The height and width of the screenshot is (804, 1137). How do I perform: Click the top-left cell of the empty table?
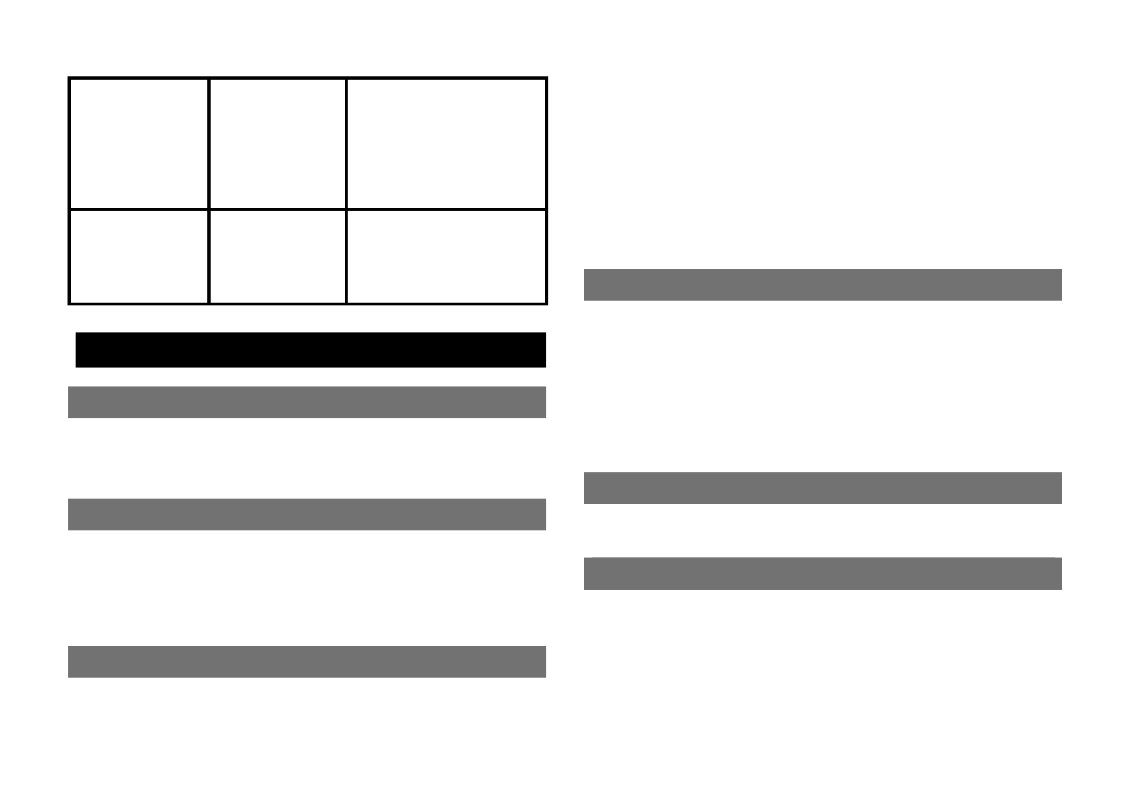coord(138,143)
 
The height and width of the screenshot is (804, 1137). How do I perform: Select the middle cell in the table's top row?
coord(277,143)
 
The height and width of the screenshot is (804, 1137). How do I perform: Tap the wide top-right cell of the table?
coord(446,143)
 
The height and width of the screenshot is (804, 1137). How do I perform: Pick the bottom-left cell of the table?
coord(138,257)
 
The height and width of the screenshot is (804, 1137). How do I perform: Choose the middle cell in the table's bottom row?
coord(277,257)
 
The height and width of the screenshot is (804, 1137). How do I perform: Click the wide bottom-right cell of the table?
coord(446,257)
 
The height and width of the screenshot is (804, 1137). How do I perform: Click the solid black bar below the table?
coord(311,349)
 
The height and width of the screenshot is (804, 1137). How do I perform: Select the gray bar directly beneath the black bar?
coord(307,402)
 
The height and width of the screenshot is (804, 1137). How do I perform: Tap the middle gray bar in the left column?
coord(307,514)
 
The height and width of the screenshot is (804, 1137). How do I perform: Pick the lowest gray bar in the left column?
coord(307,661)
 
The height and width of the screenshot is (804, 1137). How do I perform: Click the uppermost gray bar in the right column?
coord(822,284)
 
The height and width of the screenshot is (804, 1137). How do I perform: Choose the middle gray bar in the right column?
coord(822,488)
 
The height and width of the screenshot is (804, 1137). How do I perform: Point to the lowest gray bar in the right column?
coord(822,574)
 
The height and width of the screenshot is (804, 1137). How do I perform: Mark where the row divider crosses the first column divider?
coord(209,209)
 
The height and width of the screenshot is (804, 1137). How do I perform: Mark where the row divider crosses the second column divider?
coord(346,209)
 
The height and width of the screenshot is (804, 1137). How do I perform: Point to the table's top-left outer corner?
coord(70,78)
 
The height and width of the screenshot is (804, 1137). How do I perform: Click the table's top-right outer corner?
coord(546,78)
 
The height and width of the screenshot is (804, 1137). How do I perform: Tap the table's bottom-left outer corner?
coord(70,303)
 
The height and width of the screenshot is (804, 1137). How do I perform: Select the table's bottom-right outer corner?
coord(546,303)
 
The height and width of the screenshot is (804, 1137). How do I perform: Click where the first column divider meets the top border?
coord(209,78)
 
